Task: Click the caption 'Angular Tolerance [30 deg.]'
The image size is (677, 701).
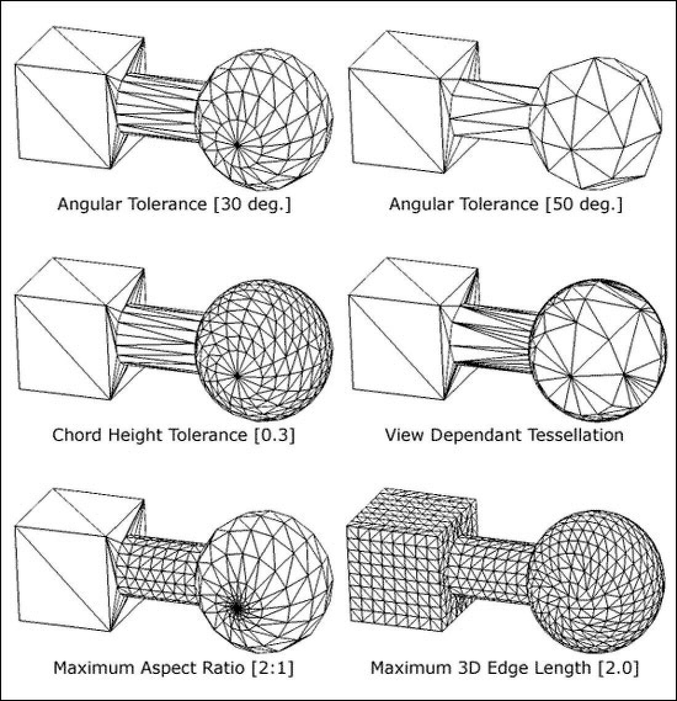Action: pyautogui.click(x=174, y=204)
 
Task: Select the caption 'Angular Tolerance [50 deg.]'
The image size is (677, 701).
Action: pyautogui.click(x=505, y=204)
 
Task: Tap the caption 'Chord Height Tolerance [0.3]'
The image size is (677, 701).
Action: pyautogui.click(x=174, y=435)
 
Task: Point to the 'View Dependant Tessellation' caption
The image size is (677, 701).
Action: pyautogui.click(x=504, y=435)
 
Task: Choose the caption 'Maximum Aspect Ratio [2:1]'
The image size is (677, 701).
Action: pyautogui.click(x=174, y=667)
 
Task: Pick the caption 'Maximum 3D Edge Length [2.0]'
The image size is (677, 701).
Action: pyautogui.click(x=505, y=667)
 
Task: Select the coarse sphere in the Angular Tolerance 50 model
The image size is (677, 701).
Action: pyautogui.click(x=597, y=123)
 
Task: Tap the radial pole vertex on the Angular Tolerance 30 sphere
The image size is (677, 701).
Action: pyautogui.click(x=236, y=144)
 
